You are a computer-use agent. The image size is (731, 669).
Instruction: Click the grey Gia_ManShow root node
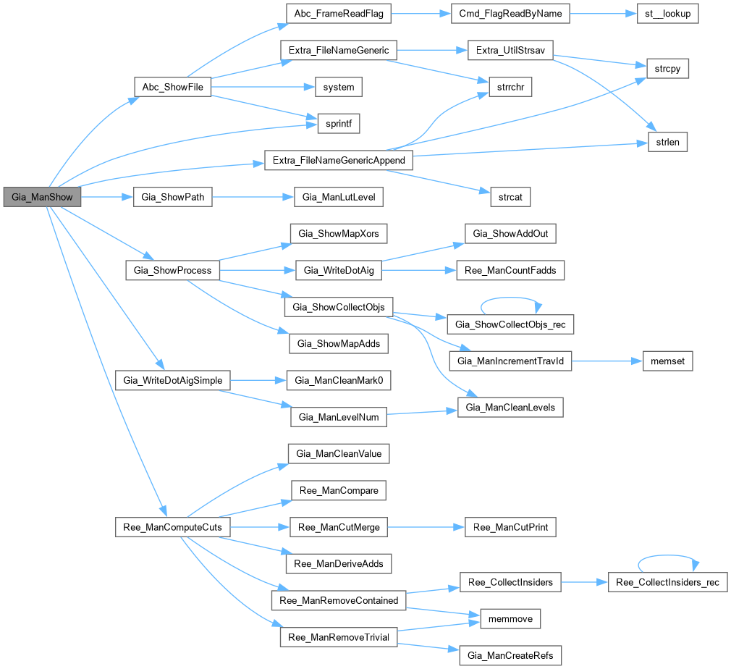(41, 197)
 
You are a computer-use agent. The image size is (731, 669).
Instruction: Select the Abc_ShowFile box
(172, 87)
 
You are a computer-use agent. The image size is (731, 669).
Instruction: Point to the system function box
(338, 87)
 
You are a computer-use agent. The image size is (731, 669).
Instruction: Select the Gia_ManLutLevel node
(338, 197)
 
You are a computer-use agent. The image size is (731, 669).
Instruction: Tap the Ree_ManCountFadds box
(510, 270)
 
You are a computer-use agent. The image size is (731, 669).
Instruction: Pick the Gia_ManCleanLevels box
(510, 408)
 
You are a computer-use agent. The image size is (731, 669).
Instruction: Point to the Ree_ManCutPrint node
(510, 527)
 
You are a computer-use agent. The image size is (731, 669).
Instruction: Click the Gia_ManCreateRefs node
(510, 656)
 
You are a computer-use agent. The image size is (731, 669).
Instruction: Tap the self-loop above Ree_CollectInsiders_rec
(667, 557)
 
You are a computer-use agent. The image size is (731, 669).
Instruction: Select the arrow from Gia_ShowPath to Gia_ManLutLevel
(253, 197)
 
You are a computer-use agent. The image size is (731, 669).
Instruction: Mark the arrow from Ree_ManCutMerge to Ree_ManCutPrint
(426, 527)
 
